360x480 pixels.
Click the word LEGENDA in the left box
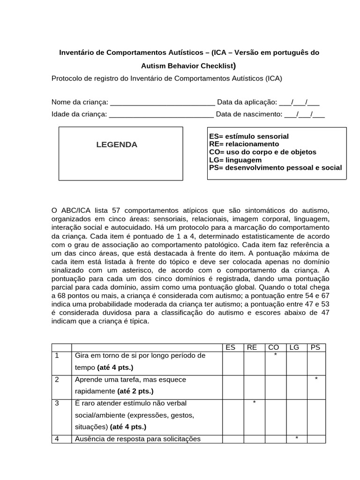(x=117, y=145)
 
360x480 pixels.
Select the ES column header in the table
(x=230, y=347)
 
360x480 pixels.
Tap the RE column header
(x=252, y=347)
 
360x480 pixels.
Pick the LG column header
(x=294, y=347)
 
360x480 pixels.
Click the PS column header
(x=315, y=347)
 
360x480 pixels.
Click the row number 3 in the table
(x=57, y=403)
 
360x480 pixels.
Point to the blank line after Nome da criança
(x=162, y=103)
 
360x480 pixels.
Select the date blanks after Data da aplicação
(x=299, y=103)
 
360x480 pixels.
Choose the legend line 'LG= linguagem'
(x=235, y=160)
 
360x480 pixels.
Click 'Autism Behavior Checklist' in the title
(x=184, y=66)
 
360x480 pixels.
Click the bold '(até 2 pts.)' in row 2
(x=135, y=391)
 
